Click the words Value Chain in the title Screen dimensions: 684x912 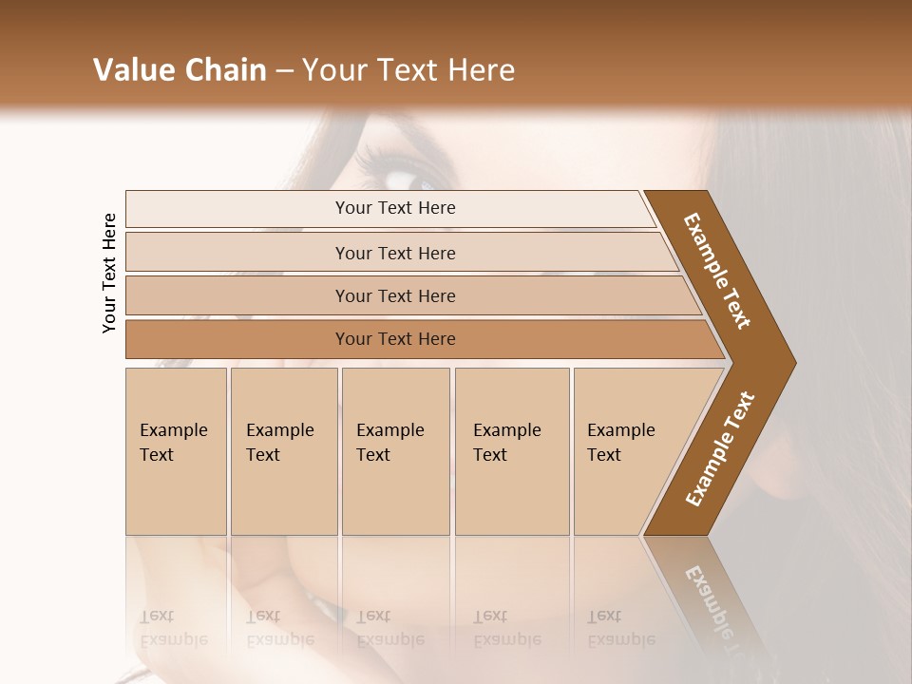click(180, 70)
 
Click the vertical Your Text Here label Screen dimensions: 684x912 click(109, 273)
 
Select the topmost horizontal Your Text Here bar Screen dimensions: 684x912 click(394, 208)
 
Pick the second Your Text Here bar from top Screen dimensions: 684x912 click(394, 253)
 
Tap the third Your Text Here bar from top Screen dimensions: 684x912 click(394, 295)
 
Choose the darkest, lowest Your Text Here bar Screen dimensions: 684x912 click(394, 339)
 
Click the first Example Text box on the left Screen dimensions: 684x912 click(176, 451)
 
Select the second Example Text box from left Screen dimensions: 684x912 click(283, 451)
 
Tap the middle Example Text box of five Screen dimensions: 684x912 click(395, 451)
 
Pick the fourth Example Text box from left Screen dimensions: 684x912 click(511, 451)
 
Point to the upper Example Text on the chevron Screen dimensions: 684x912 click(717, 271)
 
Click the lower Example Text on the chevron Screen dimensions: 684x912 click(719, 449)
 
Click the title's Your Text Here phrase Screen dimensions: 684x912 click(408, 70)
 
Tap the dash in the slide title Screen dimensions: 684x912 click(284, 70)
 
